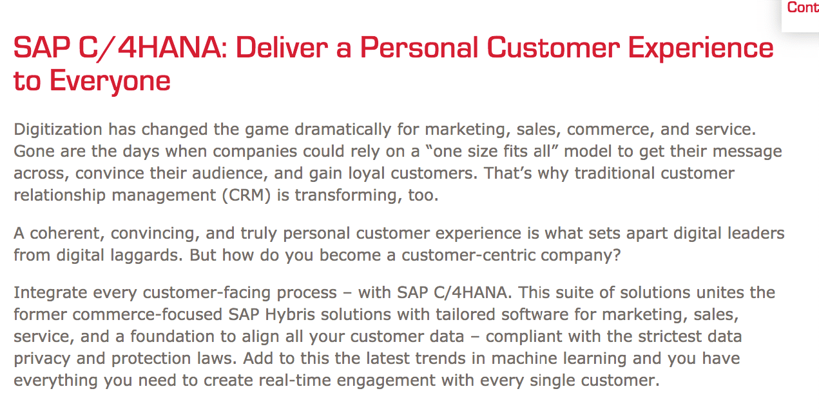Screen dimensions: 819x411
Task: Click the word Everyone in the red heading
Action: point(110,82)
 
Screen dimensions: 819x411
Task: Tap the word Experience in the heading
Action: point(700,48)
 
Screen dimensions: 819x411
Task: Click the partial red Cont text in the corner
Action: point(803,7)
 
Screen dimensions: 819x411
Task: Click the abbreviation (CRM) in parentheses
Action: point(246,195)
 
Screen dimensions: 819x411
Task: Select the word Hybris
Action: point(290,315)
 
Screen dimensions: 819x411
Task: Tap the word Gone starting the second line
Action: point(34,152)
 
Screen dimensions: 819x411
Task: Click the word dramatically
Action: point(343,130)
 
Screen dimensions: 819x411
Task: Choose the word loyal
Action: point(366,174)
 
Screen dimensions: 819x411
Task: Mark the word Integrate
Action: point(50,293)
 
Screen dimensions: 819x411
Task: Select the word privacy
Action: point(42,359)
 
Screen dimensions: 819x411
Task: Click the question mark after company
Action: point(617,255)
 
